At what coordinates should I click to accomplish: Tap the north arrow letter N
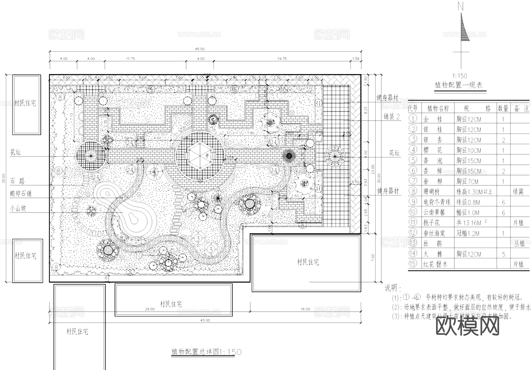460,6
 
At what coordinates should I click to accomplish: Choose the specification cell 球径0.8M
468,202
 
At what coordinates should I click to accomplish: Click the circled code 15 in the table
413,264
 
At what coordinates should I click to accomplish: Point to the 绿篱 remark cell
518,192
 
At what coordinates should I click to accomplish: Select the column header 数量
503,108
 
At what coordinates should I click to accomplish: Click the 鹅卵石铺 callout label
21,194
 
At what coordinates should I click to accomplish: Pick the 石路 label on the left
17,181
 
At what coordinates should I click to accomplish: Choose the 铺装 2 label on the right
391,117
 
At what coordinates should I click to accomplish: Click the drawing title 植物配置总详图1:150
206,352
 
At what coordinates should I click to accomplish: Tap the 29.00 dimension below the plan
150,309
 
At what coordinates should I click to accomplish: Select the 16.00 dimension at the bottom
305,309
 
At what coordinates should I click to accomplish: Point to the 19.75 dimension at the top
282,59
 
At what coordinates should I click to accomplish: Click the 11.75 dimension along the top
130,59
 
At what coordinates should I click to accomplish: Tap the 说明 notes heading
393,288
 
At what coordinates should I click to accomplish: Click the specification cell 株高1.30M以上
474,192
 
